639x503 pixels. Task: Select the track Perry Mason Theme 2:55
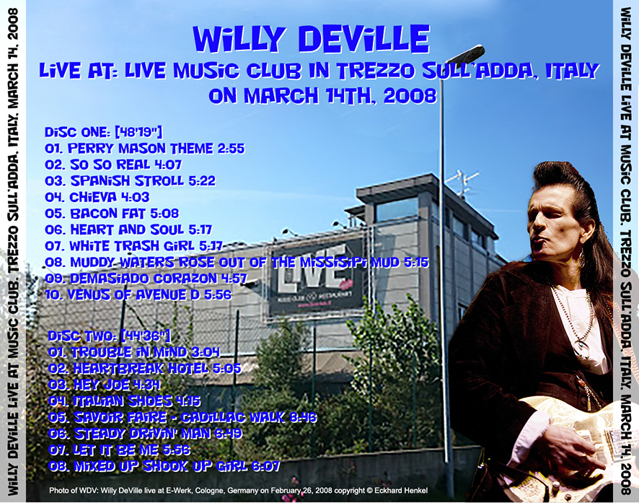coord(144,149)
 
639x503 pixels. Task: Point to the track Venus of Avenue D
coord(138,294)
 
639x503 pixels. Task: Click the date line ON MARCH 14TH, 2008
coord(322,95)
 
